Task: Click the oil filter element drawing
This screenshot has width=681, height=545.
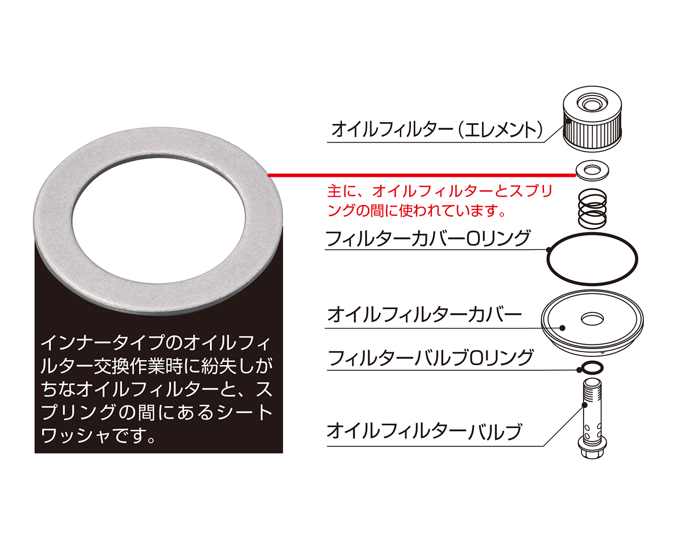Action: (x=592, y=119)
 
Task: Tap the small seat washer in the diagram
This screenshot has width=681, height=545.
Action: (x=592, y=170)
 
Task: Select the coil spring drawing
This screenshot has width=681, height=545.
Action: (x=593, y=209)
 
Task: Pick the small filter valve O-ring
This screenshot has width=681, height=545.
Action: (x=591, y=368)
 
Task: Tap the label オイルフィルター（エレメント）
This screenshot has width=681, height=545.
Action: (x=437, y=130)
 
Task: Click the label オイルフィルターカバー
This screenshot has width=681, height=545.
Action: (x=425, y=315)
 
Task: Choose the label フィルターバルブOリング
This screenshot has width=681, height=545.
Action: (x=430, y=358)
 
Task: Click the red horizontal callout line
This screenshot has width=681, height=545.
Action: (x=422, y=175)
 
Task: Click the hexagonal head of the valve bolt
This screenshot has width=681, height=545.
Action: (x=592, y=449)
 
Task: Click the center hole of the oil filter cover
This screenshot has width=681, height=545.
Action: (x=592, y=318)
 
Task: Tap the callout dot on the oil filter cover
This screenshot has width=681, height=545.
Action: (x=562, y=328)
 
